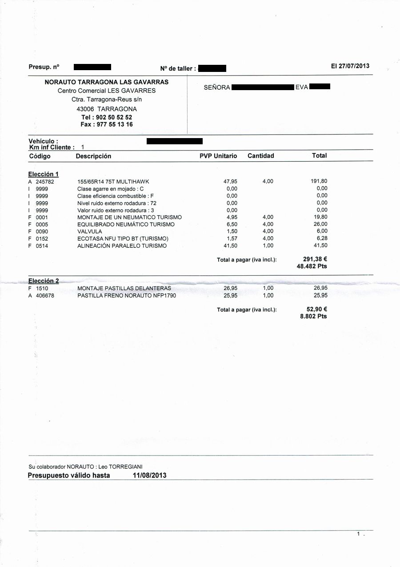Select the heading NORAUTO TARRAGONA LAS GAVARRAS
107,82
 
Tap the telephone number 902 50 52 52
113,118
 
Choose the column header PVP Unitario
218,156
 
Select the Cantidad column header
260,156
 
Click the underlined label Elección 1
43,174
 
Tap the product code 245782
45,182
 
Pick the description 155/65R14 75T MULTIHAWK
113,182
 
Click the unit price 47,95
230,182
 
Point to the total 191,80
319,181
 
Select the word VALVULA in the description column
90,231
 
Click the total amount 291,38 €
315,259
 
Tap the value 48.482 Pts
312,266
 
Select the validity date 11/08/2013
149,476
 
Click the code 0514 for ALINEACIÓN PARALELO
42,246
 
